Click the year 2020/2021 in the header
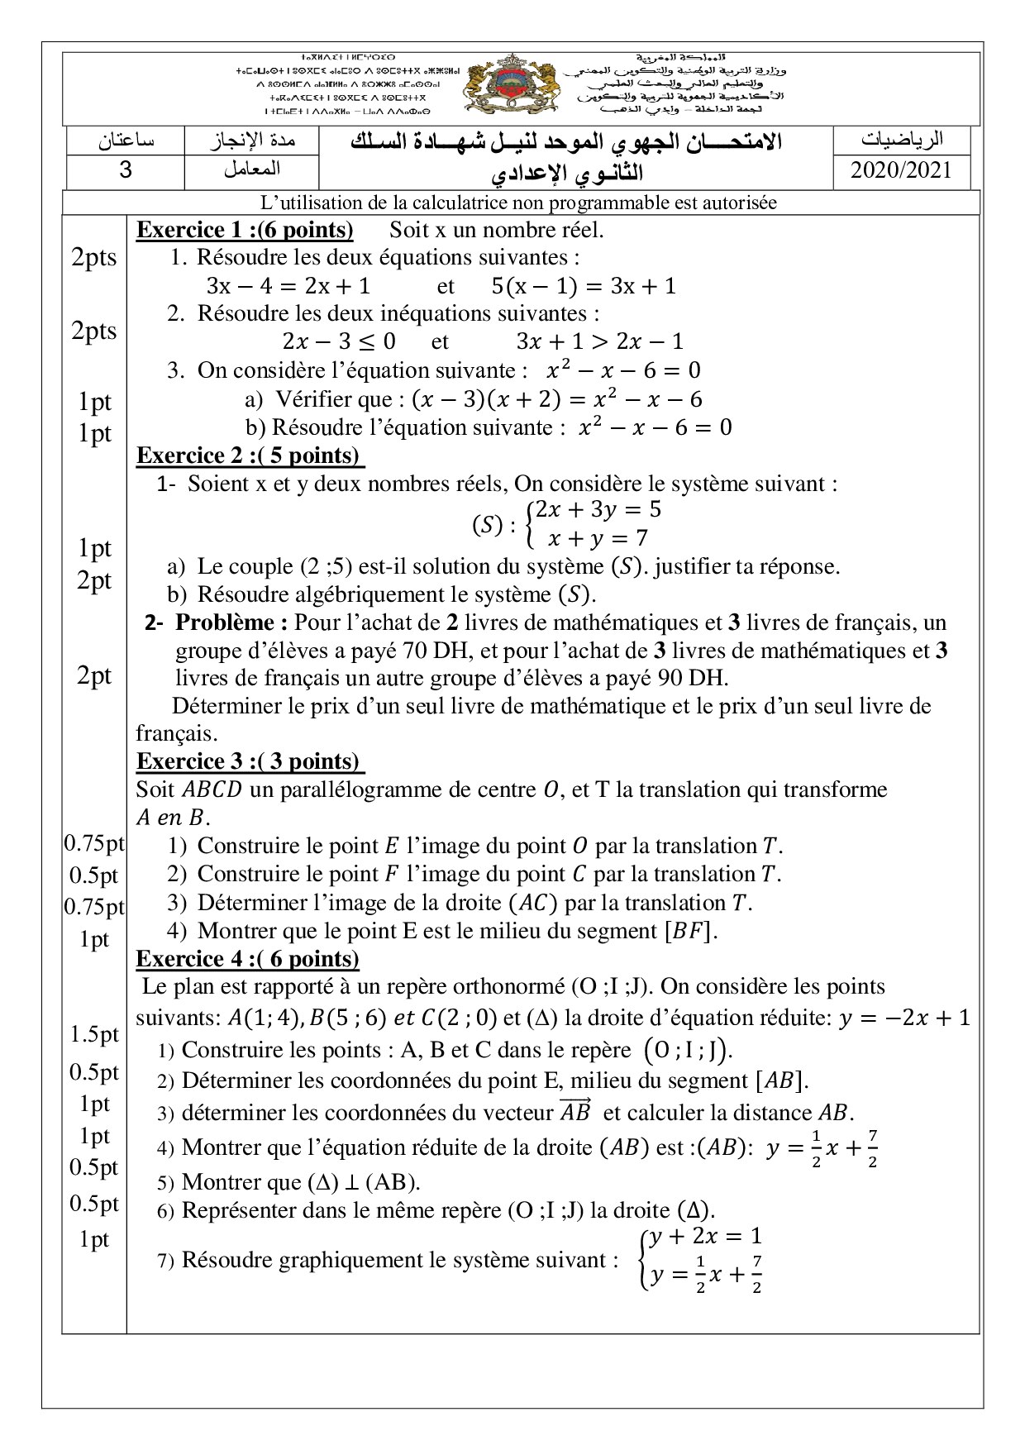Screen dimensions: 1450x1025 pyautogui.click(x=901, y=170)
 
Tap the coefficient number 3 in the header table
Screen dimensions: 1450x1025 pyautogui.click(x=126, y=170)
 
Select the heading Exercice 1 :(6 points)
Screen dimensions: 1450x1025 pyautogui.click(x=245, y=230)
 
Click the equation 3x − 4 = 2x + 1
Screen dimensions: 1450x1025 pyautogui.click(x=288, y=286)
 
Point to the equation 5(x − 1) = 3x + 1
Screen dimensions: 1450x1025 pyautogui.click(x=584, y=286)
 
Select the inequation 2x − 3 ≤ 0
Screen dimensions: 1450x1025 pyautogui.click(x=339, y=341)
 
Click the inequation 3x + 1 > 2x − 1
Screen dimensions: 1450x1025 pyautogui.click(x=599, y=341)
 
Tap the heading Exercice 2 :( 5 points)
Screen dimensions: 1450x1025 pyautogui.click(x=250, y=456)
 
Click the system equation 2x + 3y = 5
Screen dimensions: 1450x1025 pyautogui.click(x=598, y=510)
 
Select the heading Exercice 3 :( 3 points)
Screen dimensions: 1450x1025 pyautogui.click(x=250, y=761)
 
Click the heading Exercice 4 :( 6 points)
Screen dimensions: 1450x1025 pyautogui.click(x=247, y=958)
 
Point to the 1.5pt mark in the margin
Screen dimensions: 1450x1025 pyautogui.click(x=94, y=1034)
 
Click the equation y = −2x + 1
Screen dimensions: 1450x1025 pyautogui.click(x=903, y=1018)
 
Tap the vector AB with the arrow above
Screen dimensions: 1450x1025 pyautogui.click(x=575, y=1111)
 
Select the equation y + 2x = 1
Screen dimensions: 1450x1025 pyautogui.click(x=704, y=1237)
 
